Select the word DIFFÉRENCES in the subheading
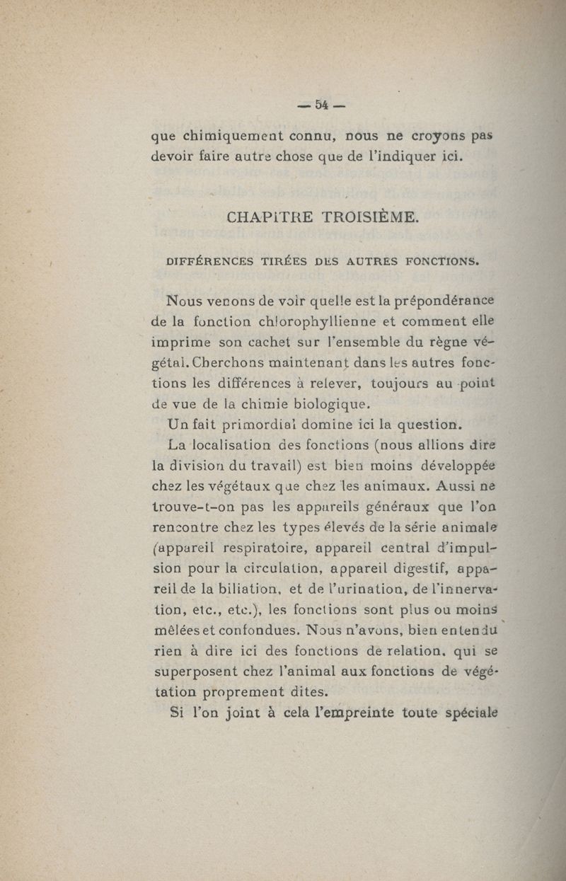(x=209, y=260)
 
